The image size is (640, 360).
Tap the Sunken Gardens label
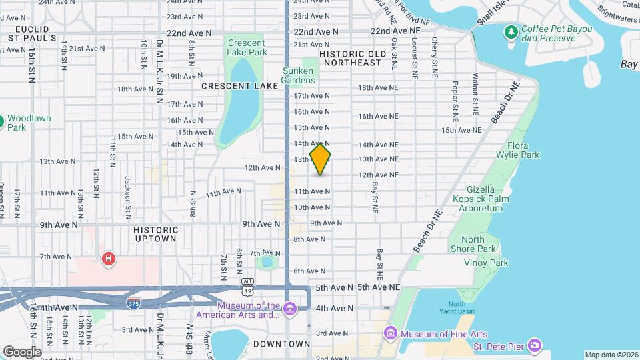click(298, 75)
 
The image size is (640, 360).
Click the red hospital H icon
click(107, 258)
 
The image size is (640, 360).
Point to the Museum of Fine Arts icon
click(391, 333)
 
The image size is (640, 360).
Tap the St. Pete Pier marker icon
click(534, 345)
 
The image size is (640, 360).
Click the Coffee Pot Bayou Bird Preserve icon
click(511, 32)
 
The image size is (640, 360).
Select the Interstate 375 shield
click(134, 303)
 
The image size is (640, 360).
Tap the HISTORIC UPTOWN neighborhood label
click(155, 233)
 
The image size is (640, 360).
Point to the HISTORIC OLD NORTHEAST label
click(353, 58)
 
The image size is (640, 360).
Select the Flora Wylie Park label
click(523, 150)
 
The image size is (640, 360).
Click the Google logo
click(22, 351)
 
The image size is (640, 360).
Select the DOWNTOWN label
click(281, 344)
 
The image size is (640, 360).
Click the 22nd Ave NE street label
click(396, 31)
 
